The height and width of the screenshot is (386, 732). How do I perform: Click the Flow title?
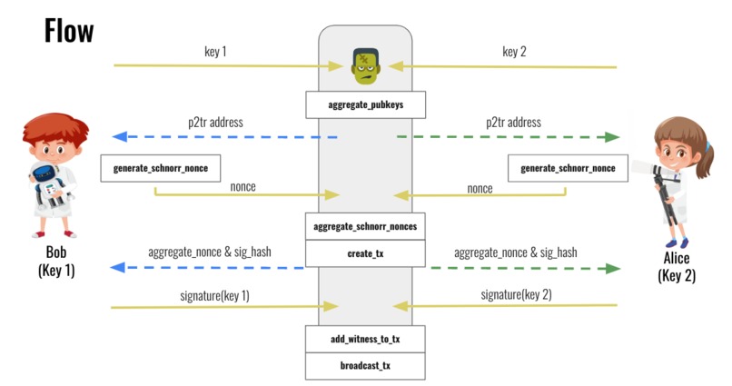click(69, 30)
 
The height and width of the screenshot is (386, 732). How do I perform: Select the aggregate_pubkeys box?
click(365, 105)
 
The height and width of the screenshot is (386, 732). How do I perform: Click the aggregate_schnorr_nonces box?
click(365, 226)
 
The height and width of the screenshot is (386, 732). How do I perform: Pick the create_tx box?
click(365, 253)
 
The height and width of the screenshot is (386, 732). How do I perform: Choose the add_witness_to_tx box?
click(365, 339)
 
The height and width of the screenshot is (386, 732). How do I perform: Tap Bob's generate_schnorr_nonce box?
click(161, 169)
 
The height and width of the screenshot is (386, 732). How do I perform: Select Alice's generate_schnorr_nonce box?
click(568, 169)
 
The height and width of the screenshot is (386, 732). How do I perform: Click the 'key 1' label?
click(215, 51)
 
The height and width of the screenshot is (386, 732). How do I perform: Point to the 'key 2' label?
click(514, 51)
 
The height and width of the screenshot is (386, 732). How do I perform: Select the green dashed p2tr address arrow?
click(508, 137)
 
